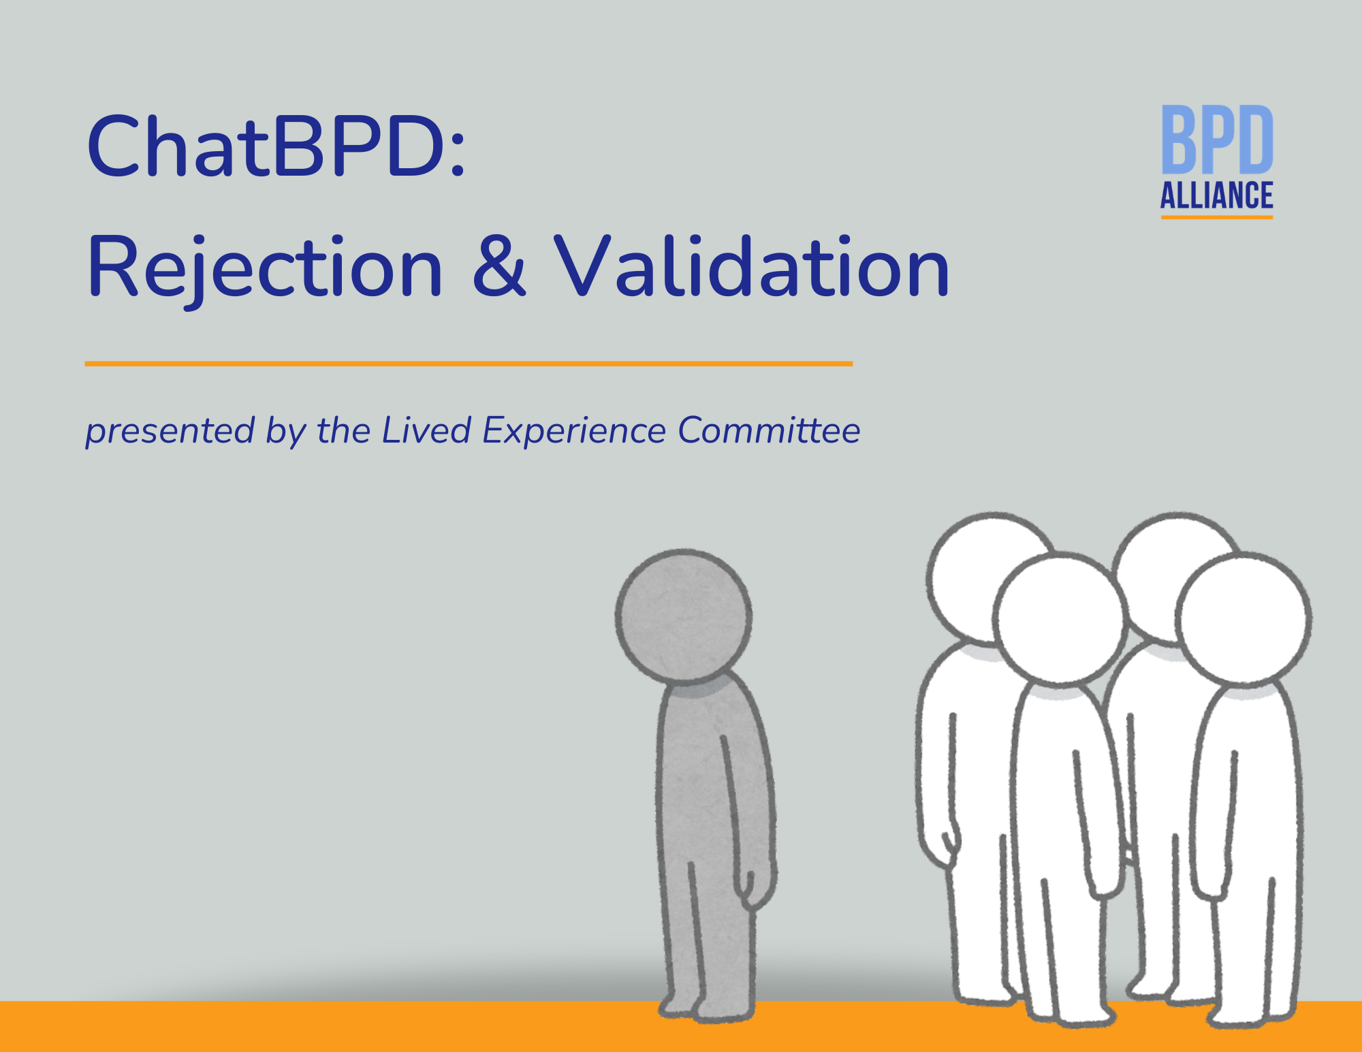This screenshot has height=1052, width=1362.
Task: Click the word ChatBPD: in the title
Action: click(x=276, y=146)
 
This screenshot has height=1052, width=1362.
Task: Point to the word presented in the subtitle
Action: click(x=170, y=431)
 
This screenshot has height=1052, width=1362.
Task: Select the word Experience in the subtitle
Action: click(x=574, y=431)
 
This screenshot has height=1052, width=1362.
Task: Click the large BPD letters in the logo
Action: click(x=1217, y=140)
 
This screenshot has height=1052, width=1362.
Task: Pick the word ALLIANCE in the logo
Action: click(x=1217, y=195)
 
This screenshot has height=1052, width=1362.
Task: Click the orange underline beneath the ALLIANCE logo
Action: click(x=1217, y=217)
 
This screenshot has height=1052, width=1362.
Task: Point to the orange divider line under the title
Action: click(x=469, y=364)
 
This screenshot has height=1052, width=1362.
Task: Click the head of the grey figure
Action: click(x=684, y=616)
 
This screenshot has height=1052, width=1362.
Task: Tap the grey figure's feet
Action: click(x=708, y=1008)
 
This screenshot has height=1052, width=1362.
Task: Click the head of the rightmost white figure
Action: click(x=1244, y=620)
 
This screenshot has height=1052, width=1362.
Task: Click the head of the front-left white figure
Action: click(x=1059, y=618)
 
